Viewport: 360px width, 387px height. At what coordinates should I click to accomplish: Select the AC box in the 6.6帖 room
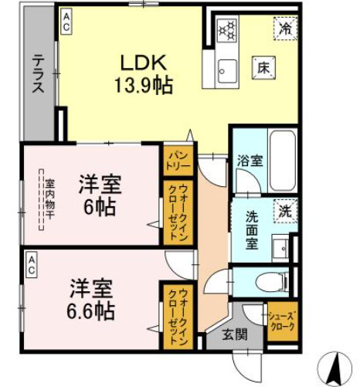32,266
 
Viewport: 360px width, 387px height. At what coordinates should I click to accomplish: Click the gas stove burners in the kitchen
228,30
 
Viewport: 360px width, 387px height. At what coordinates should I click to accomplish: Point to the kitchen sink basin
227,71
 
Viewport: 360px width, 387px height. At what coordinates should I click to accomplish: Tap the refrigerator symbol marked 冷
285,29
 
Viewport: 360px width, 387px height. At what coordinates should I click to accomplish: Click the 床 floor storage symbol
263,68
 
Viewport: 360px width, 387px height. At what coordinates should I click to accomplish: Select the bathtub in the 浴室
283,160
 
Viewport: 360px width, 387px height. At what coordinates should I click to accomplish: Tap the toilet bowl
272,282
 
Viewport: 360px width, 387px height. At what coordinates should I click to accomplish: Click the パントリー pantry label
178,161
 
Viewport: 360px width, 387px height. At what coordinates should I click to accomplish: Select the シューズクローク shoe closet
283,321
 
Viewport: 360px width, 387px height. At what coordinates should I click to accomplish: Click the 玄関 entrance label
235,334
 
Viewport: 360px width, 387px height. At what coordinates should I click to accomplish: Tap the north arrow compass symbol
335,368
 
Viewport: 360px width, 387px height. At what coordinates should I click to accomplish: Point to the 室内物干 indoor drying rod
41,199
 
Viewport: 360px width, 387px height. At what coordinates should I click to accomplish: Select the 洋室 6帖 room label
100,195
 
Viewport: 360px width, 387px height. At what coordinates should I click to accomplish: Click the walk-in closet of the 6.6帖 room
178,317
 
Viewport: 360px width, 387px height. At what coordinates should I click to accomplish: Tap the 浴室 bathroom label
250,161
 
